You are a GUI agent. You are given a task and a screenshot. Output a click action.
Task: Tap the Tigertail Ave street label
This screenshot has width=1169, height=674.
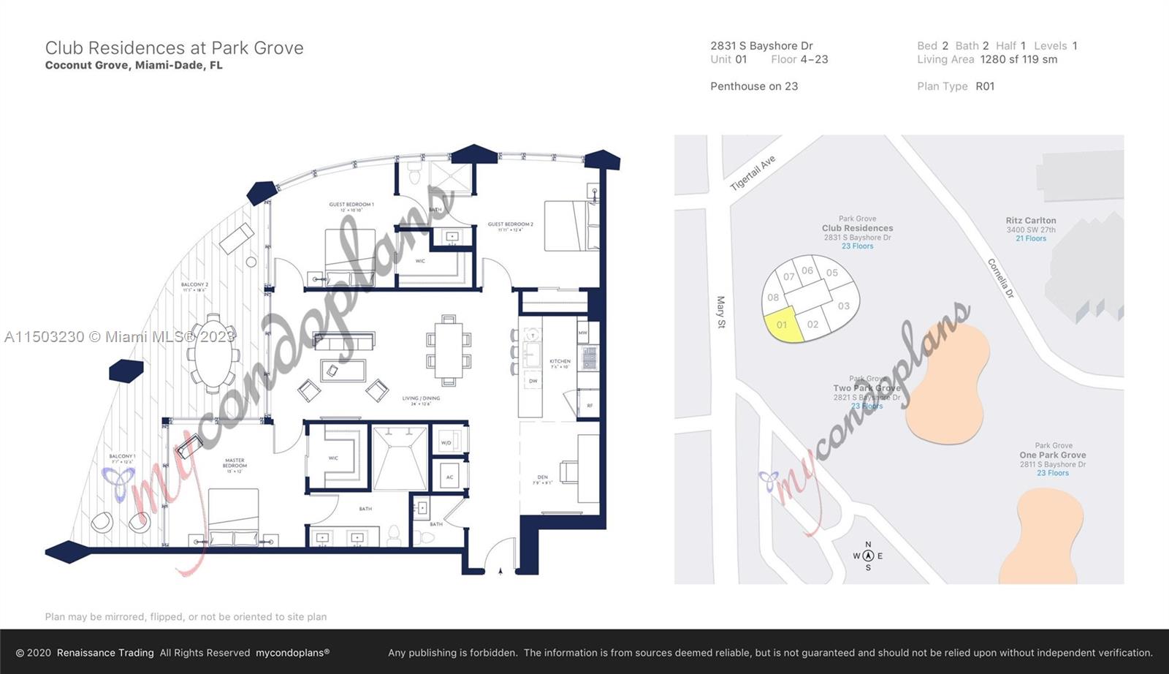coord(753,173)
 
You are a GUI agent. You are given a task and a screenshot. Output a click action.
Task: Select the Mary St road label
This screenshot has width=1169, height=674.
coord(721,312)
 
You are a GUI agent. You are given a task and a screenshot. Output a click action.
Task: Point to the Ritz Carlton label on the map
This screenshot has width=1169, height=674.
coord(1030,221)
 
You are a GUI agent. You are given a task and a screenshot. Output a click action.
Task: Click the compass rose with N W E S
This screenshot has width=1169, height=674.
coord(868,556)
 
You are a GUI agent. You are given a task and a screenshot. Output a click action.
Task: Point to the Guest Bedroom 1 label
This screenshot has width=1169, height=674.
coord(351,205)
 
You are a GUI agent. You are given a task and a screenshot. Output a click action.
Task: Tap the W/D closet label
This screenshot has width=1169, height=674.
coord(446,443)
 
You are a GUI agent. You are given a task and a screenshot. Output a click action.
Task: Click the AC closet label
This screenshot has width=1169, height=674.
coord(449,477)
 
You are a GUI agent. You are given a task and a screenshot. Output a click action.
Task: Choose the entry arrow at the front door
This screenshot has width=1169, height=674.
coord(500,571)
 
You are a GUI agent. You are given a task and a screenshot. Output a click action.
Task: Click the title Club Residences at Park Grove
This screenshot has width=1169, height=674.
coord(174,48)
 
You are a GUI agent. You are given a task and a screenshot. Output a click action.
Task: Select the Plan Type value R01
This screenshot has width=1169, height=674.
coord(985,86)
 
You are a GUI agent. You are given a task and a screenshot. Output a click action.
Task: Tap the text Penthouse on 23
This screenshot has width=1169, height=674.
coord(754,86)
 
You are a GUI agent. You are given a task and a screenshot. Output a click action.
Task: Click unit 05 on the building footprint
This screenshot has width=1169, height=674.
coord(831,273)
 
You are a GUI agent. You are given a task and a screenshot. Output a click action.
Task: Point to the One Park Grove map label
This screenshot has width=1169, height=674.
coord(1052,455)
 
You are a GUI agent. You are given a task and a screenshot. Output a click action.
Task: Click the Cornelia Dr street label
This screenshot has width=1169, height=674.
coord(1001,278)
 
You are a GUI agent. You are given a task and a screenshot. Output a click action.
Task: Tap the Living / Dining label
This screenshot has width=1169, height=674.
coord(421,399)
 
